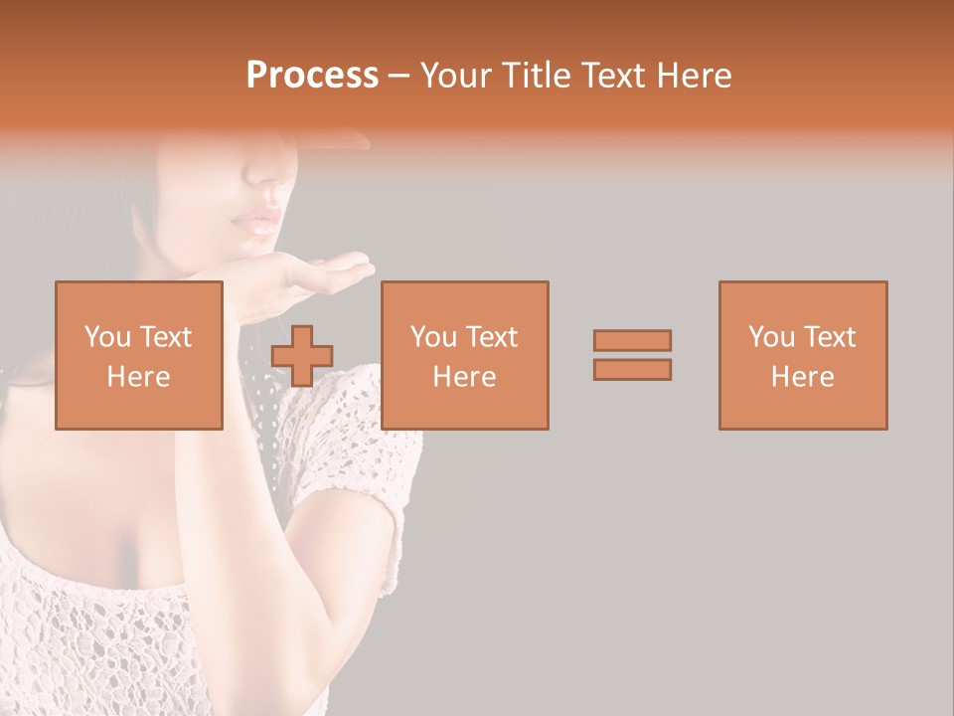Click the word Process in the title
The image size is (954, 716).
click(312, 75)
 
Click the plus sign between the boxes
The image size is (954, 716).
click(302, 356)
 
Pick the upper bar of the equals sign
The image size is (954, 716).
click(632, 340)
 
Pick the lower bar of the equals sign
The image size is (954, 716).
click(632, 370)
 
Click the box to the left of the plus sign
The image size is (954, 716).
click(139, 355)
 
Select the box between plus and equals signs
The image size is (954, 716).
click(465, 355)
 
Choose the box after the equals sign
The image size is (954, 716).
click(803, 355)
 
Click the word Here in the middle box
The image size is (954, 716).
click(465, 377)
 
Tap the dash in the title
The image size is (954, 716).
click(398, 76)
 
